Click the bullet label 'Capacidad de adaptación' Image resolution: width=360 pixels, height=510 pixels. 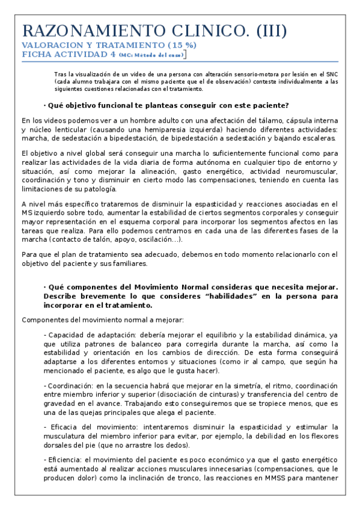[83, 335]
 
